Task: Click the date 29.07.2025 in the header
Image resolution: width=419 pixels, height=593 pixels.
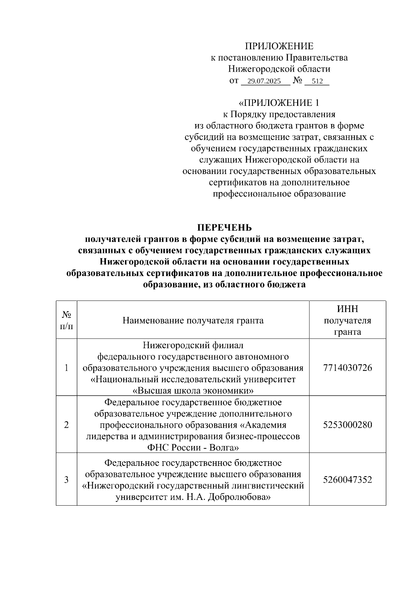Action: coord(264,81)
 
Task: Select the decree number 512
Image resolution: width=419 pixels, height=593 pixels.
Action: coord(317,81)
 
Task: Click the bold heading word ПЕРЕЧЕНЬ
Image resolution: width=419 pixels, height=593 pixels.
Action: coord(225,228)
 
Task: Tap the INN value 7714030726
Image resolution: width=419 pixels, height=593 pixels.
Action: coord(347,368)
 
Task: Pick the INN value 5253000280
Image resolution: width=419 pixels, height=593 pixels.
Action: coord(347,425)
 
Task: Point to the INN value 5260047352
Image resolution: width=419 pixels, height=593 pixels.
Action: coord(347,479)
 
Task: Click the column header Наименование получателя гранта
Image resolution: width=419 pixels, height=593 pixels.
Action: coord(193,320)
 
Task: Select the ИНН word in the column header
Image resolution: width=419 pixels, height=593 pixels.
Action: coord(347,309)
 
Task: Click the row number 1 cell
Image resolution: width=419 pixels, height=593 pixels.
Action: coord(66,368)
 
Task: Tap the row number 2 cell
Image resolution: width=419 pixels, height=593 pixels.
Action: coord(66,425)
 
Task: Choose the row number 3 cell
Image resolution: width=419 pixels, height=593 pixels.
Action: coord(66,479)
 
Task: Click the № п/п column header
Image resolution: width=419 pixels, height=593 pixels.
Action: coord(66,320)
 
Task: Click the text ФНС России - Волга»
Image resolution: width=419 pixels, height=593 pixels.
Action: coord(193,448)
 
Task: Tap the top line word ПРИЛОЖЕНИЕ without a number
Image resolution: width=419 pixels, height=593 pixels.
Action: coord(279,46)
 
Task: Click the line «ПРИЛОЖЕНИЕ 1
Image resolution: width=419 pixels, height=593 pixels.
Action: coord(279,103)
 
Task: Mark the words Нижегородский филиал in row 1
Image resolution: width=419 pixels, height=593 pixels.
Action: coord(193,345)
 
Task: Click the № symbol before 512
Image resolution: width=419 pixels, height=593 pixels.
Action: coord(297,81)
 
